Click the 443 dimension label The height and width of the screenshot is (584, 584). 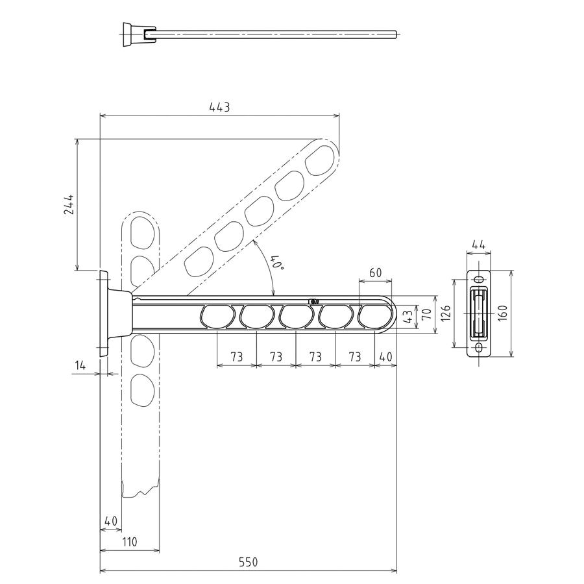[x=219, y=107]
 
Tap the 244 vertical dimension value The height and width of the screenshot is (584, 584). [x=69, y=204]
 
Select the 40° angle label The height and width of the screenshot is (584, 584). [x=278, y=263]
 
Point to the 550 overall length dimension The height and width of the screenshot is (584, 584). [x=248, y=562]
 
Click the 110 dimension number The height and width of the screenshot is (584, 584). [x=129, y=542]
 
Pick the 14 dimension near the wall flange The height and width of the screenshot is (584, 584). [x=80, y=365]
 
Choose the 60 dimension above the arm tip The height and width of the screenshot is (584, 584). [x=376, y=273]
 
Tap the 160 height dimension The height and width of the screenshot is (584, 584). [x=502, y=313]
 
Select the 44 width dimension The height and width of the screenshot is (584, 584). [x=479, y=245]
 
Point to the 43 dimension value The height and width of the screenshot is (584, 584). [x=409, y=317]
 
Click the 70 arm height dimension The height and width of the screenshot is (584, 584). [x=427, y=313]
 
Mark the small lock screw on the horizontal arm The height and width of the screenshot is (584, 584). [x=314, y=301]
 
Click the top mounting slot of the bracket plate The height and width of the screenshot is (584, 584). [x=479, y=279]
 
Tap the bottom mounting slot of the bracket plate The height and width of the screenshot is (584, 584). [x=479, y=348]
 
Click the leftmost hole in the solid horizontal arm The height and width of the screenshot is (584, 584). [x=217, y=317]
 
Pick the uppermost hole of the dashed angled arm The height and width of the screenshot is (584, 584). [x=320, y=160]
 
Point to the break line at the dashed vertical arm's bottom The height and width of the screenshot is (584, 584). [x=141, y=491]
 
